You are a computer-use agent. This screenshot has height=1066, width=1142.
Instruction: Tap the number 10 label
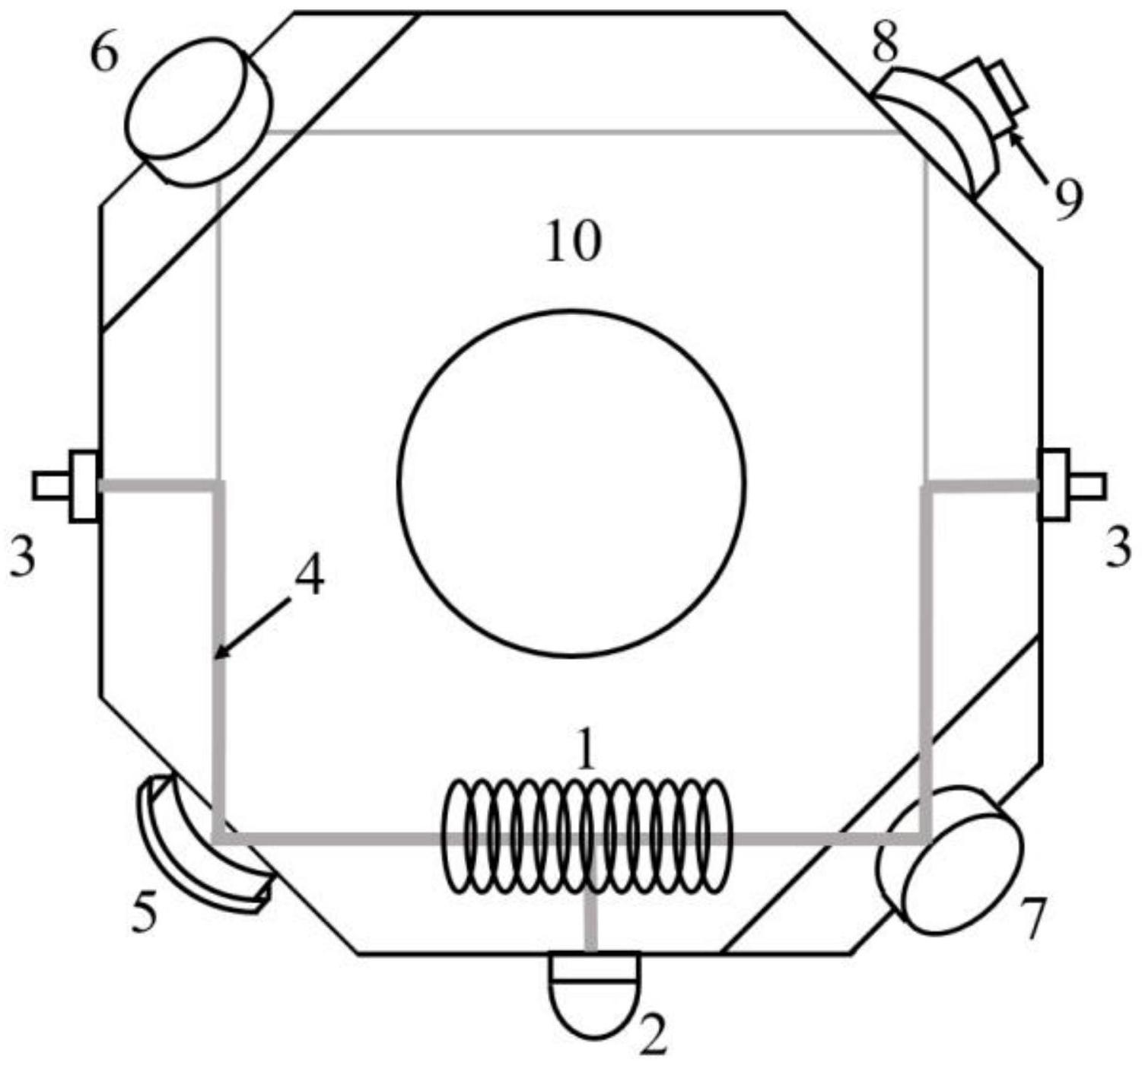point(574,242)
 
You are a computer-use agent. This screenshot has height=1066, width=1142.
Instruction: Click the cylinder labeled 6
point(199,112)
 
